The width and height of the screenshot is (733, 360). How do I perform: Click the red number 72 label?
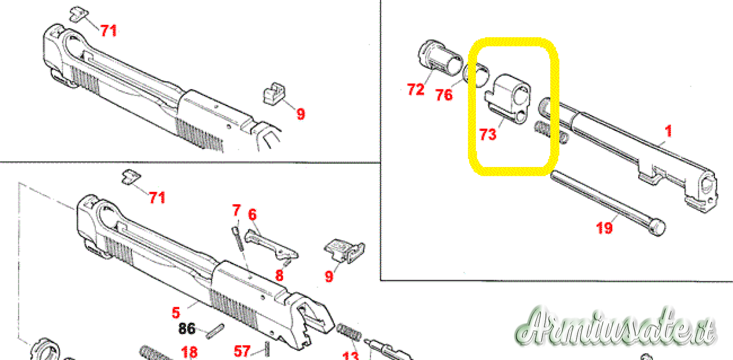click(x=415, y=89)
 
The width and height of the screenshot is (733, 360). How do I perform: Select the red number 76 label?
click(x=444, y=95)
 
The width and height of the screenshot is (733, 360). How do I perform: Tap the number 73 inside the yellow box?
click(x=488, y=134)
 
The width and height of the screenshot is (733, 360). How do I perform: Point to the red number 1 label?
click(x=668, y=131)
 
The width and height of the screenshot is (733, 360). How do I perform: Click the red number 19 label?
click(x=604, y=228)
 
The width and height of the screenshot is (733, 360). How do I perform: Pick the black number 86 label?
click(x=187, y=329)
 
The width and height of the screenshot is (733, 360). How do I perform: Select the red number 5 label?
click(x=176, y=313)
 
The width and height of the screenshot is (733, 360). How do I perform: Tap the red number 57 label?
click(x=242, y=351)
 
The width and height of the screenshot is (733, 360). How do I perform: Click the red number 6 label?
click(x=252, y=214)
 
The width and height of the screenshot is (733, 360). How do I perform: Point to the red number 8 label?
click(x=279, y=275)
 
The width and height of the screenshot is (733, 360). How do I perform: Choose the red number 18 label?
click(x=189, y=353)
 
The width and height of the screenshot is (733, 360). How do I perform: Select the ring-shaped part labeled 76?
click(x=476, y=75)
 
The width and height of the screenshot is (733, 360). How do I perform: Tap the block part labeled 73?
click(x=508, y=99)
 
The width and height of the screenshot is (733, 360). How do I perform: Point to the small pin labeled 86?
click(x=216, y=331)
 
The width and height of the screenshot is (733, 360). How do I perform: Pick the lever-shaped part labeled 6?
click(x=271, y=245)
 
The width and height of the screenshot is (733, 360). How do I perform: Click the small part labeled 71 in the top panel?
click(x=79, y=14)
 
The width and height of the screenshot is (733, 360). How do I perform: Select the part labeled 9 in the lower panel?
click(x=345, y=251)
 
